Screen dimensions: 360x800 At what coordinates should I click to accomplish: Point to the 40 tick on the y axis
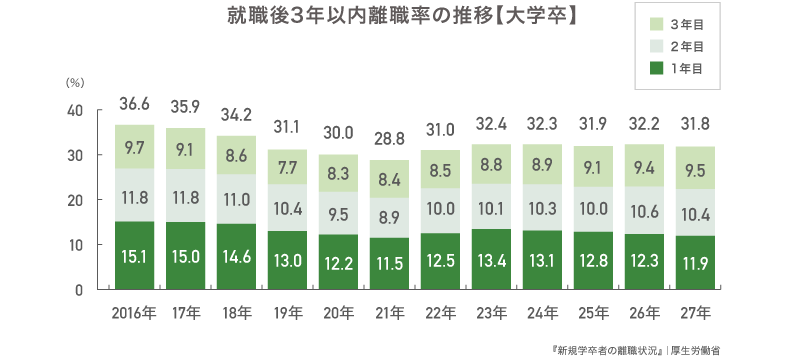tap(76, 111)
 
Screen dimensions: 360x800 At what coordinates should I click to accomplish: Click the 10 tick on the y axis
tap(76, 245)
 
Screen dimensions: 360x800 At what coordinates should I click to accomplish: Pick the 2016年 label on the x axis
tap(134, 313)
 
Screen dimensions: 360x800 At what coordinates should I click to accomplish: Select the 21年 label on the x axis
tap(390, 313)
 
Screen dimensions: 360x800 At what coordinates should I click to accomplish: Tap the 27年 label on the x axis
tap(696, 313)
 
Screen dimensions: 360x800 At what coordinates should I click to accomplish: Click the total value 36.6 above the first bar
tap(134, 103)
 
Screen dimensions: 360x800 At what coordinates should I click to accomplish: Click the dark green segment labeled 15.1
tap(134, 256)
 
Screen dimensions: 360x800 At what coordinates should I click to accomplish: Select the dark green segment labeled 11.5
tap(390, 263)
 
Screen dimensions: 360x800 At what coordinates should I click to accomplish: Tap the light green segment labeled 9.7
tap(134, 147)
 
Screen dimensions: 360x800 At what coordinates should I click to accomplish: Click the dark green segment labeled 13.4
tap(492, 259)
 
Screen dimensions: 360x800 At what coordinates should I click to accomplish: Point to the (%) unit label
tap(74, 84)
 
